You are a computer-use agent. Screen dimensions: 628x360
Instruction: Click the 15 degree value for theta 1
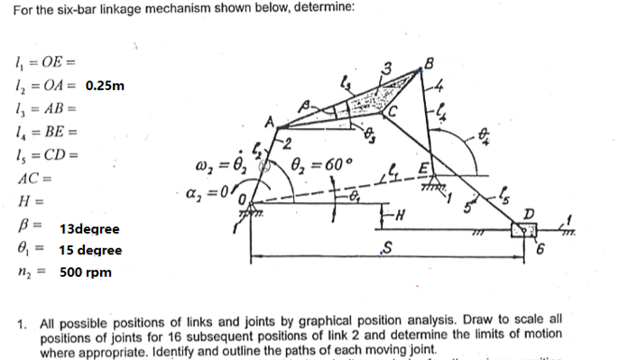point(90,250)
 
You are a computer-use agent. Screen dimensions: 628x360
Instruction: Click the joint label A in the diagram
point(269,123)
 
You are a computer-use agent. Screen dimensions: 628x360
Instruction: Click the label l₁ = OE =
point(40,63)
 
